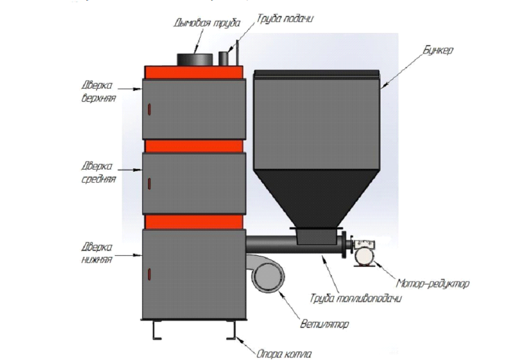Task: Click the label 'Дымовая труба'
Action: tap(199, 23)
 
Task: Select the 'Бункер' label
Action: tap(438, 50)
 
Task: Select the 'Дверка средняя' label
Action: tap(97, 172)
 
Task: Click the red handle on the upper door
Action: tap(148, 110)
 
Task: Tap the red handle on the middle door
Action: tap(148, 182)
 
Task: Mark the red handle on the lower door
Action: tap(148, 272)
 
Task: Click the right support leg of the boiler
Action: tap(231, 330)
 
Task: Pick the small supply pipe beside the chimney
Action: tap(226, 57)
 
